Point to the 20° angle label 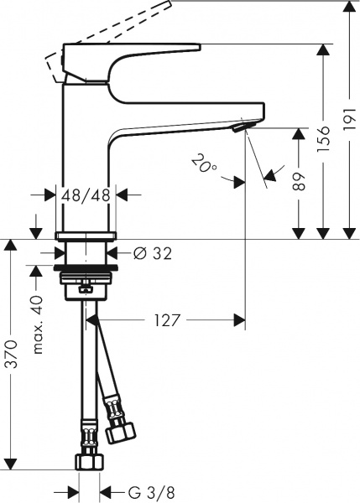(202, 162)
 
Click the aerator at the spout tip (241, 127)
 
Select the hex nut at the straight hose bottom (86, 460)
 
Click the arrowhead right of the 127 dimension (240, 319)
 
